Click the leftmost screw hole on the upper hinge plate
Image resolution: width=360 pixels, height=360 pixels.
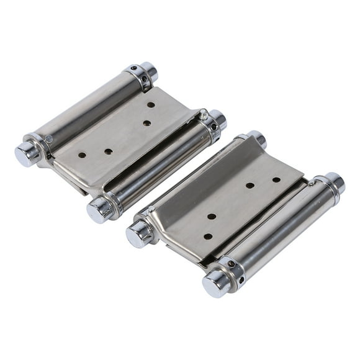pyautogui.click(x=82, y=154)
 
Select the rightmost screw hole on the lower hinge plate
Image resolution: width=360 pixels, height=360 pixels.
pyautogui.click(x=276, y=179)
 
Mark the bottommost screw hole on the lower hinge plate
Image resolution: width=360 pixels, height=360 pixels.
pyautogui.click(x=208, y=236)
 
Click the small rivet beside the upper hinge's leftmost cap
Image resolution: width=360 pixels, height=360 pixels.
pyautogui.click(x=49, y=140)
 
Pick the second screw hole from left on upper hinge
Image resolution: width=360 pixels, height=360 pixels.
pyautogui.click(x=109, y=151)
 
